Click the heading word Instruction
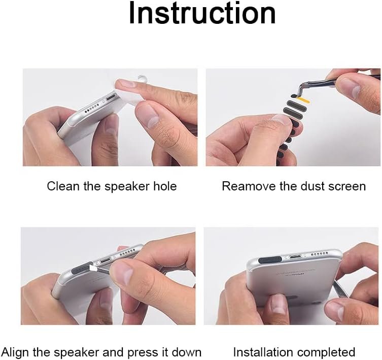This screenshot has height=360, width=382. (202, 13)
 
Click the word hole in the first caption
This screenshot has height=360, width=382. (165, 186)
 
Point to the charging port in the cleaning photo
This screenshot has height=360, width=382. (112, 98)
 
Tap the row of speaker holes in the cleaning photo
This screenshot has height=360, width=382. (92, 108)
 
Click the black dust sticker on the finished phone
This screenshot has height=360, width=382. (270, 260)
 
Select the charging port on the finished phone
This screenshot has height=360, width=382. (295, 256)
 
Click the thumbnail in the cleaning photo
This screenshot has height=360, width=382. (149, 116)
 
